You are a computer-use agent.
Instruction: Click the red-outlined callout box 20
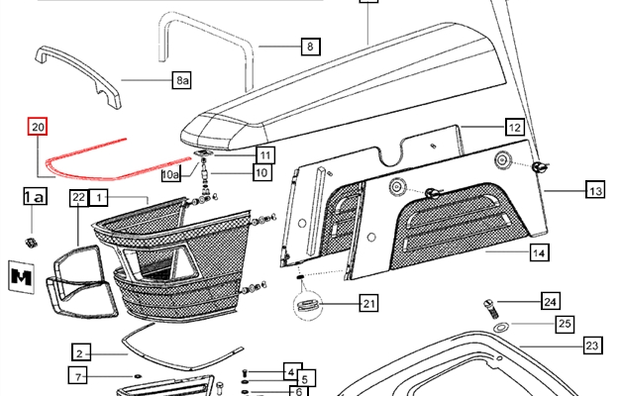(38, 128)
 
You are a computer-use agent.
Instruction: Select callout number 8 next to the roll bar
(310, 47)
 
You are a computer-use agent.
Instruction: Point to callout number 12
(514, 127)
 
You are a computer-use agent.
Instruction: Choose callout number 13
(594, 190)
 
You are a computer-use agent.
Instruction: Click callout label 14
(539, 254)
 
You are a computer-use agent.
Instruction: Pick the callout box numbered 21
(367, 303)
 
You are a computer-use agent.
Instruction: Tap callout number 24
(551, 302)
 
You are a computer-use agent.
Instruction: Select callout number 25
(565, 324)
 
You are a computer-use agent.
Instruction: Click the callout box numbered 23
(592, 346)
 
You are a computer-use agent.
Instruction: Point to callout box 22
(78, 199)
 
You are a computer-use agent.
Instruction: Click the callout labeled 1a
(34, 198)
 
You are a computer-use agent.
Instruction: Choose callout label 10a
(171, 174)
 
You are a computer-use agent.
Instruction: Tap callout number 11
(264, 154)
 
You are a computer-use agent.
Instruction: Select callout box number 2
(82, 351)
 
